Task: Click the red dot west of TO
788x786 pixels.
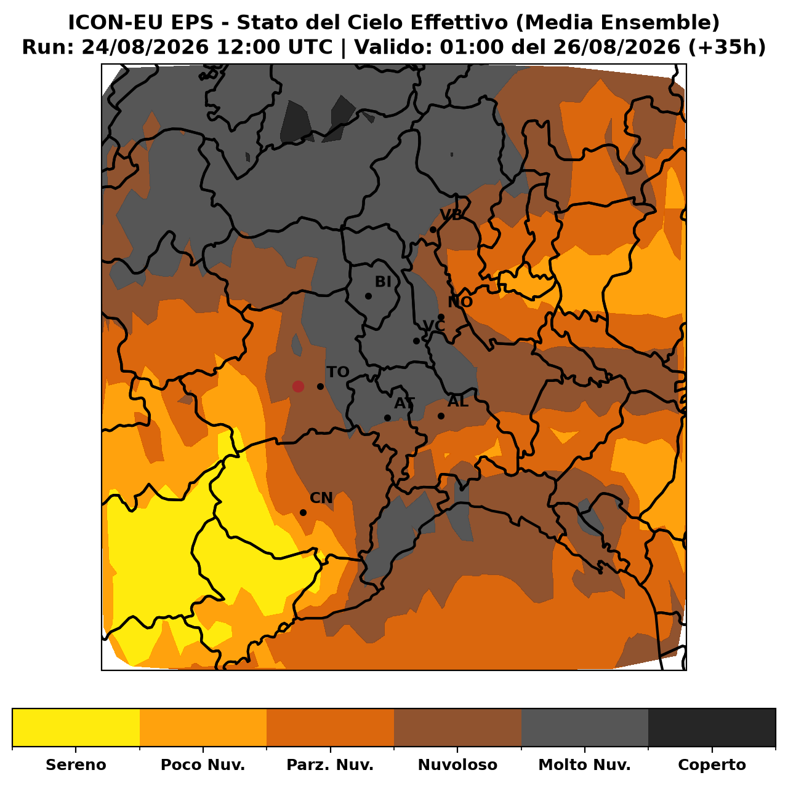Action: (298, 386)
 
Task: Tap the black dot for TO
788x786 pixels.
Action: (321, 386)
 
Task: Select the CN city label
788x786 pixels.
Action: (321, 498)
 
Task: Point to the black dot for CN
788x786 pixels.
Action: (303, 513)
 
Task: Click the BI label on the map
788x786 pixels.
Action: (383, 282)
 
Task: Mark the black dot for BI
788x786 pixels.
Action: (368, 296)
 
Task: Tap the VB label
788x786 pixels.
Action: (451, 215)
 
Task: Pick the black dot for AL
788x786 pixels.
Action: (441, 416)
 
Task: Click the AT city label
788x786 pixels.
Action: (404, 403)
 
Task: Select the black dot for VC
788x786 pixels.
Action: (416, 341)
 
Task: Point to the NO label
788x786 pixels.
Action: (460, 302)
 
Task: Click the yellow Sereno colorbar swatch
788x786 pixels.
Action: (76, 727)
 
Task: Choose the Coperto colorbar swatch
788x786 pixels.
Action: (712, 727)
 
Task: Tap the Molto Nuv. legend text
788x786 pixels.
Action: (584, 764)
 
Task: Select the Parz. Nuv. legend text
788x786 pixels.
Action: (330, 764)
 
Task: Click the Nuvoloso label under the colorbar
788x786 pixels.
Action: (457, 764)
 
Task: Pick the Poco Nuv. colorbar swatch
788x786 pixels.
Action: (203, 727)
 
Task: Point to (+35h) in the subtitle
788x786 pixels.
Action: (726, 47)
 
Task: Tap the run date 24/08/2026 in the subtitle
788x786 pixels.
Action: (145, 47)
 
